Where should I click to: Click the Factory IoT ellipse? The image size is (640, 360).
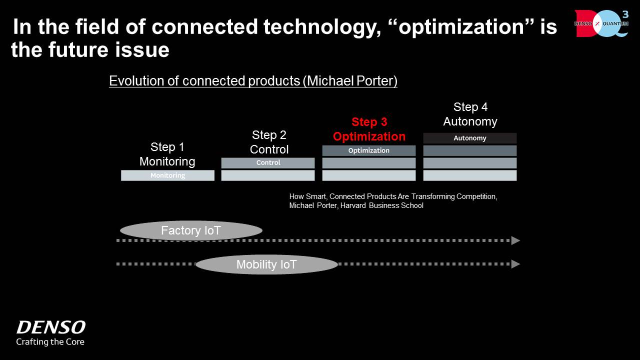coord(191,231)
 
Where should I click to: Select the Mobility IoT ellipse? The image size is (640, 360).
coord(266,264)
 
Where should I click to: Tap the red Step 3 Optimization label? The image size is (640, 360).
coord(369,129)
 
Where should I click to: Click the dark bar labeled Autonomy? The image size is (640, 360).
coord(469,138)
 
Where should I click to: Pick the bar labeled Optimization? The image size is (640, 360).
coord(368,150)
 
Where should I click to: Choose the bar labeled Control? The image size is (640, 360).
coord(268,163)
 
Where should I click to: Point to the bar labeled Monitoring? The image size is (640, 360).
coord(167,175)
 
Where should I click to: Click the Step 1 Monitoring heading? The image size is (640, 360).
coord(167,154)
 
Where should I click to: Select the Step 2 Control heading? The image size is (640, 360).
coord(269,142)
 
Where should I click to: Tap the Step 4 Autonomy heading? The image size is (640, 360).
coord(470,114)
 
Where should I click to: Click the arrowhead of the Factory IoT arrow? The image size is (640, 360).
coord(515,240)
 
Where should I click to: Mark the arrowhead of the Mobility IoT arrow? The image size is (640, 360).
coord(515,264)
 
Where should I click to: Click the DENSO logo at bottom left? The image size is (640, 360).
coord(50,328)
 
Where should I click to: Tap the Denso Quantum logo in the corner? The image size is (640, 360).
coord(601,23)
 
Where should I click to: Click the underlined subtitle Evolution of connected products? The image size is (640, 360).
coord(253,81)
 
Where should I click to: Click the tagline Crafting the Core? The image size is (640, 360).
coord(50,342)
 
